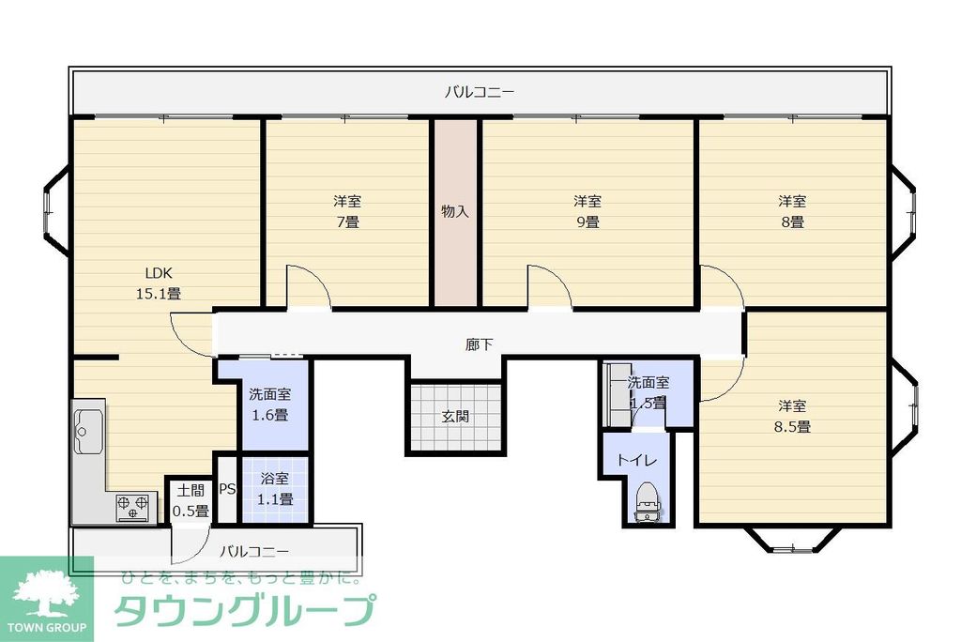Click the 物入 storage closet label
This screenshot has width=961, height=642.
[x=455, y=212]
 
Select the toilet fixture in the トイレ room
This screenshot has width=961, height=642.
[x=648, y=503]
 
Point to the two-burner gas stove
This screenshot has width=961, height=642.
[x=132, y=508]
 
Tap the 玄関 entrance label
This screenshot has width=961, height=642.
[x=456, y=416]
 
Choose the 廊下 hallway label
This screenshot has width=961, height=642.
[x=480, y=344]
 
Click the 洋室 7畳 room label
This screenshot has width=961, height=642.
[x=347, y=212]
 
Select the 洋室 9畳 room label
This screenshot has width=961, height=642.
[x=587, y=212]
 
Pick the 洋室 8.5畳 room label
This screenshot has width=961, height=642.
[x=792, y=416]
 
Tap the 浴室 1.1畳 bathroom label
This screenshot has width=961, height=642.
[x=276, y=489]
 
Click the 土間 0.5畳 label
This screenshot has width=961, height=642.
[x=190, y=500]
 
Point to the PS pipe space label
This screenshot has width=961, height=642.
[x=227, y=489]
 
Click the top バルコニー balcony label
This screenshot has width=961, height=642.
[x=480, y=92]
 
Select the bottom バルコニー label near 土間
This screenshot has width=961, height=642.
[x=254, y=551]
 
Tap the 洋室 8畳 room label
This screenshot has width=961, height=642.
[x=792, y=212]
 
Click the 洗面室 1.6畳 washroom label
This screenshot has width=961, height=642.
[x=268, y=405]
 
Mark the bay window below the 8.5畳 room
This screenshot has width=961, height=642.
[x=793, y=541]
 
